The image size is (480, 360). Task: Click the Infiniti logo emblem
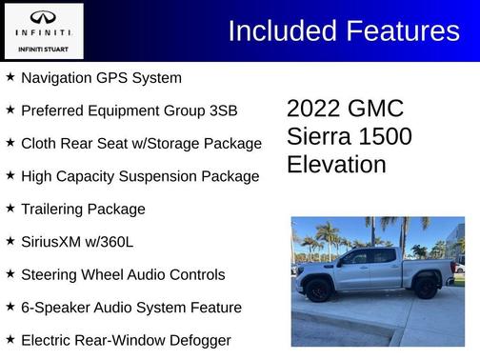[44, 18]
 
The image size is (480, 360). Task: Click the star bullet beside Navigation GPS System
[10, 76]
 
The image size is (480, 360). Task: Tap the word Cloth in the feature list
[40, 143]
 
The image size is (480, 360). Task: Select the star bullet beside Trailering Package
[10, 208]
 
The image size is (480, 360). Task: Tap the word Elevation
[336, 165]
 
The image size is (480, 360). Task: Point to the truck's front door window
[354, 258]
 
